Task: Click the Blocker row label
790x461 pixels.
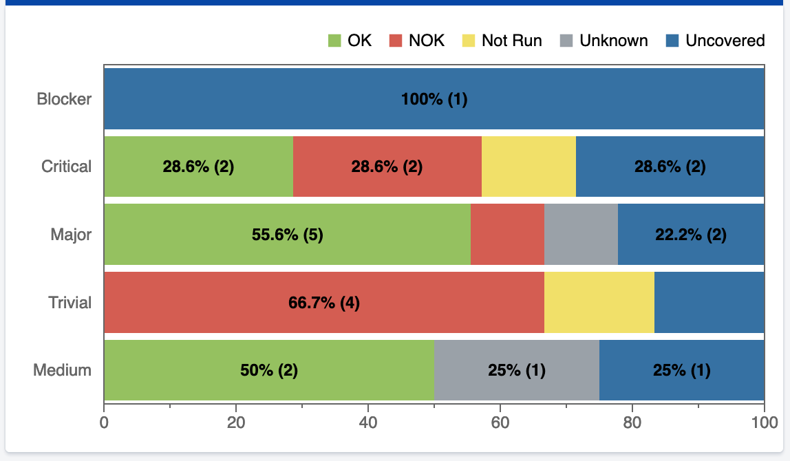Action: pyautogui.click(x=64, y=99)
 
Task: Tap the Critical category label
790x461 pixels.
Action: pyautogui.click(x=66, y=167)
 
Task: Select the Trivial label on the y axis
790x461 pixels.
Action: pyautogui.click(x=70, y=303)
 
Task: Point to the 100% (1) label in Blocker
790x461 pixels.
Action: pyautogui.click(x=434, y=99)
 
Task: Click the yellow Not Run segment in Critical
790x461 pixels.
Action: pyautogui.click(x=529, y=167)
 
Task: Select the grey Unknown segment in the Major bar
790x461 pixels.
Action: pyautogui.click(x=581, y=235)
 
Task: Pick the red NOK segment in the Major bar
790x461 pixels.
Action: pyautogui.click(x=507, y=235)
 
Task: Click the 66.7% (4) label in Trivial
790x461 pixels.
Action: pyautogui.click(x=323, y=303)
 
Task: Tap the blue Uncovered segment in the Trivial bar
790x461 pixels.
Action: pyautogui.click(x=709, y=303)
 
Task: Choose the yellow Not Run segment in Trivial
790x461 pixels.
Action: pyautogui.click(x=599, y=303)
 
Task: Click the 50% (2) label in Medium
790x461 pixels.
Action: pyautogui.click(x=269, y=370)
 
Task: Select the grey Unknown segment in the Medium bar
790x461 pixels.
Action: pyautogui.click(x=517, y=370)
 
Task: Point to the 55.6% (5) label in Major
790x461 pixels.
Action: pyautogui.click(x=287, y=235)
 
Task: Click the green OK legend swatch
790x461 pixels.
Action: pyautogui.click(x=334, y=41)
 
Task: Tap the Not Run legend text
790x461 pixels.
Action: pyautogui.click(x=511, y=41)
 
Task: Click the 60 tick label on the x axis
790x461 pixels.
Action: pyautogui.click(x=500, y=422)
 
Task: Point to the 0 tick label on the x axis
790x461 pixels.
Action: pyautogui.click(x=104, y=422)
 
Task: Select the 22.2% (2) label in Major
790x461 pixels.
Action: pyautogui.click(x=691, y=235)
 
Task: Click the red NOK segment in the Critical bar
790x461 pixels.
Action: pyautogui.click(x=387, y=167)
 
